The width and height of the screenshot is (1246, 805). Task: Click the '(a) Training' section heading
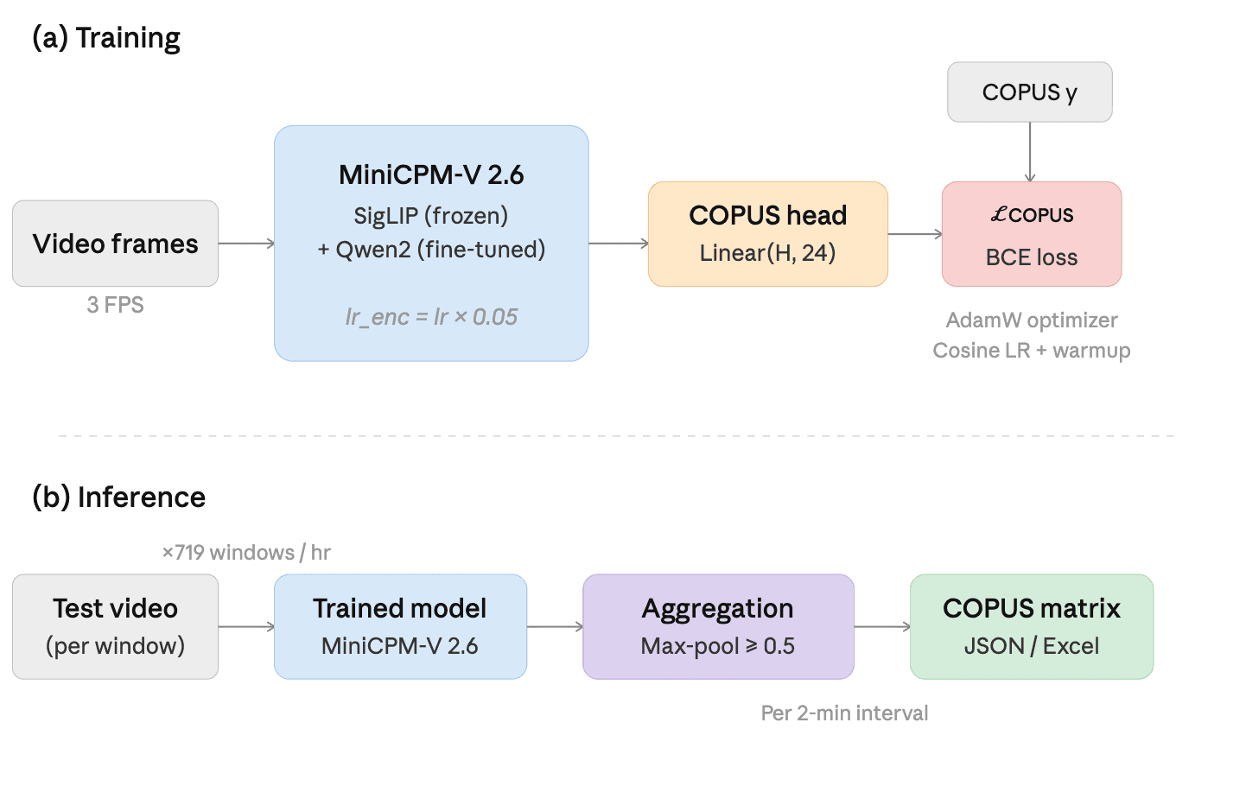[x=106, y=38]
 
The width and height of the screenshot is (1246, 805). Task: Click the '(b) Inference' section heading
[x=118, y=498]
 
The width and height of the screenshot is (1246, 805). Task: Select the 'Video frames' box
[x=115, y=244]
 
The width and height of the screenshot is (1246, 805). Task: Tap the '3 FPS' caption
[x=115, y=305]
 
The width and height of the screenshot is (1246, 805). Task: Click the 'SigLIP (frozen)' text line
[x=430, y=216]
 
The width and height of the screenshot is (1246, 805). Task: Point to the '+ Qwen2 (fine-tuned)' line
[x=430, y=250]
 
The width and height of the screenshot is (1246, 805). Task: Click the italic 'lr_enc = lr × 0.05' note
[x=430, y=317]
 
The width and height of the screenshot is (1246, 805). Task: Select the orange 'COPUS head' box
[x=767, y=233]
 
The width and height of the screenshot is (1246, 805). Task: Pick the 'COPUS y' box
[x=1029, y=92]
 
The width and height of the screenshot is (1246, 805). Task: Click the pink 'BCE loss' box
[x=1031, y=234]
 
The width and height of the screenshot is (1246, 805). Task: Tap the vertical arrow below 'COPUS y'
[x=1029, y=152]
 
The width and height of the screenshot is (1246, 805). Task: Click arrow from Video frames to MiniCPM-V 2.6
[x=246, y=244]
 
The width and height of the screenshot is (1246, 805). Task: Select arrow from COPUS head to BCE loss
[x=914, y=234]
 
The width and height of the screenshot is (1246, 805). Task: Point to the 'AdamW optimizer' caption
[x=1031, y=320]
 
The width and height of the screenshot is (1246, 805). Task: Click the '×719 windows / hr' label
[x=246, y=553]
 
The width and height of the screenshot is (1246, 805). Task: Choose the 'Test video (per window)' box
[x=115, y=627]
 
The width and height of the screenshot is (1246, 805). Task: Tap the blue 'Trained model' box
[x=400, y=627]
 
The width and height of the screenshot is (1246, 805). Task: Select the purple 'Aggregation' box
[x=718, y=627]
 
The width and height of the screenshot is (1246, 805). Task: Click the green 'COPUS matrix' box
[x=1031, y=627]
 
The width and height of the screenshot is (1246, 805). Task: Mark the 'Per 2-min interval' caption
[x=844, y=713]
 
